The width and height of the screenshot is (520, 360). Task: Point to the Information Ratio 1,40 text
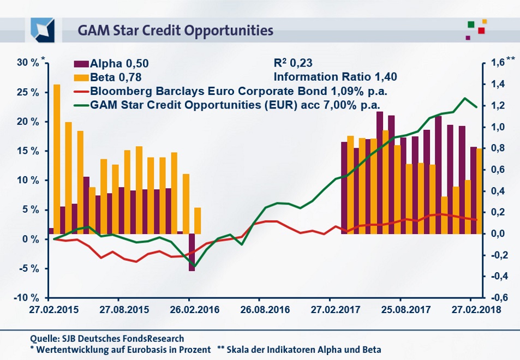[x=334, y=77]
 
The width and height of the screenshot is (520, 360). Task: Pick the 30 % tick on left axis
[x=28, y=63]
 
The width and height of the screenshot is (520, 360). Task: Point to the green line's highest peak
[x=465, y=99]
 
